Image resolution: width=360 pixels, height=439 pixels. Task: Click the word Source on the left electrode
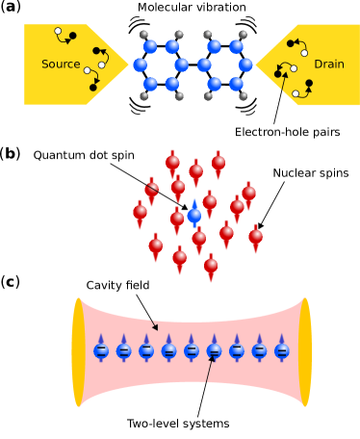tap(61, 65)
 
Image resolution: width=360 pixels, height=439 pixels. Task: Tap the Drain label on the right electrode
tap(328, 65)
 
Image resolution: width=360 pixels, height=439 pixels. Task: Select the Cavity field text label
tap(117, 285)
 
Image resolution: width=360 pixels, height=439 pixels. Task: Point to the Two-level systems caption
tap(178, 424)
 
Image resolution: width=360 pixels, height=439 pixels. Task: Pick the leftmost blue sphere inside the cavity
tap(101, 350)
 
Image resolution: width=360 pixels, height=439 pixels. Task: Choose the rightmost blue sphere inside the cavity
tap(282, 350)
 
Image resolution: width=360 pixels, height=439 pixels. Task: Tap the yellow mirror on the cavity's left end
tap(79, 352)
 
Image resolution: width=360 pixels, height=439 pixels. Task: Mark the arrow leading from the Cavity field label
tap(145, 311)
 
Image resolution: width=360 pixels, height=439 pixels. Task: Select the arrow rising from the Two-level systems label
tap(206, 385)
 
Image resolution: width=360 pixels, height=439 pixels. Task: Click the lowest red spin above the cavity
tap(211, 267)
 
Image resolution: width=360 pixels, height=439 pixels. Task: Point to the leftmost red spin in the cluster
tap(141, 214)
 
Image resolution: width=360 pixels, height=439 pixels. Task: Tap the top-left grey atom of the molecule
tap(144, 35)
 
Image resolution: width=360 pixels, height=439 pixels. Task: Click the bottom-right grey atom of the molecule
tap(243, 96)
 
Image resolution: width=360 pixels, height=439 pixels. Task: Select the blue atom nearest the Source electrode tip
tap(141, 65)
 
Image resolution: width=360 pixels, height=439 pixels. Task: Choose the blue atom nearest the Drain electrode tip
tap(245, 65)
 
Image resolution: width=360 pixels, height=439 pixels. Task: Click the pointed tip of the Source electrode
tap(127, 65)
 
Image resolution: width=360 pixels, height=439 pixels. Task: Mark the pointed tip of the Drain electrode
tap(256, 65)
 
